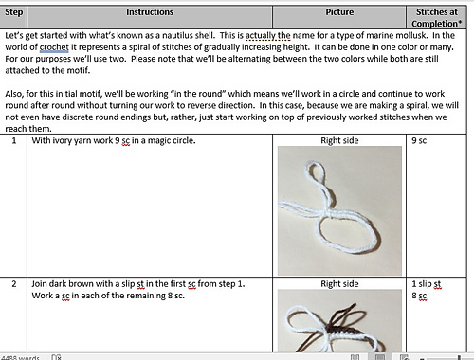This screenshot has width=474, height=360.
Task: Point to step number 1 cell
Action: point(13,141)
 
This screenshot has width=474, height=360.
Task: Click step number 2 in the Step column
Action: point(13,283)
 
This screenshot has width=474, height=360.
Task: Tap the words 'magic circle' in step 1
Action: point(170,141)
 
